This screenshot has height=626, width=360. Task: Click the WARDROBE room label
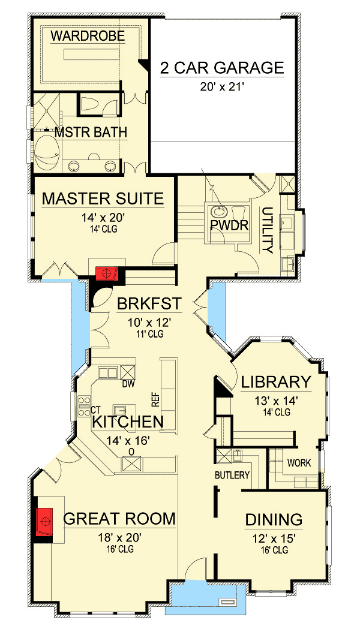88,36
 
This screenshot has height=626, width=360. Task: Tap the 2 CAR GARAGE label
222,68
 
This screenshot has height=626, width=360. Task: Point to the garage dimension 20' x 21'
222,86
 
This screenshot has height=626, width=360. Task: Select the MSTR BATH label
91,132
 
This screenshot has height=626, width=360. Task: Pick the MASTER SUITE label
103,199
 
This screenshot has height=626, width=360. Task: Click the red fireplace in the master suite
107,273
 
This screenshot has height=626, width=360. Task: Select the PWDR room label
230,225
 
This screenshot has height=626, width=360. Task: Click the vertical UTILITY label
268,230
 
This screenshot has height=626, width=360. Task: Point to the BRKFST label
149,304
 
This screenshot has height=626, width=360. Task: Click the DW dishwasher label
128,384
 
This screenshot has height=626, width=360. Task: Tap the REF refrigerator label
155,399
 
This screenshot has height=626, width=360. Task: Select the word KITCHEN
128,422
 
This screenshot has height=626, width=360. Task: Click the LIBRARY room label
275,382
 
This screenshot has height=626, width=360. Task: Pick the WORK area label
299,463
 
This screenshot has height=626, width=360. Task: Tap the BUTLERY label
232,475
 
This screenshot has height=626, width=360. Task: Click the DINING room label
274,520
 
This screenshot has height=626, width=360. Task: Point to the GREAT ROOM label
119,519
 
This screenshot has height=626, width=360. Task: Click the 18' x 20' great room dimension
119,538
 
